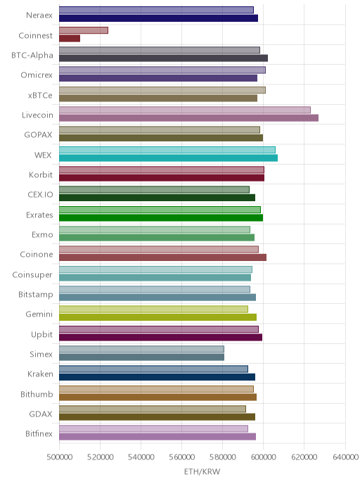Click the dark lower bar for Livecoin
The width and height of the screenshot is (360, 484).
point(189,118)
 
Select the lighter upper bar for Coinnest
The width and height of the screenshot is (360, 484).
point(84,30)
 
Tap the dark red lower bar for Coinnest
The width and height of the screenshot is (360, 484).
point(70,38)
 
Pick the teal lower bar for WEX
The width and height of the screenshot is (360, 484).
point(169,158)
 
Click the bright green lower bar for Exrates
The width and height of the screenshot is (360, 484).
point(161,218)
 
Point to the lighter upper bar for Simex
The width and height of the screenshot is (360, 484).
point(141,349)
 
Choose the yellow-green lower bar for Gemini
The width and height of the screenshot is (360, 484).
point(158,317)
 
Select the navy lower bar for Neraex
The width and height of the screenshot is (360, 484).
point(159,18)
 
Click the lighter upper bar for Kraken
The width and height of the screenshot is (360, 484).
point(153,369)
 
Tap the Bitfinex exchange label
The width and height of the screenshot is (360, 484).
point(39,433)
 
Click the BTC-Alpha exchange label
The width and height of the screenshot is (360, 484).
point(32,56)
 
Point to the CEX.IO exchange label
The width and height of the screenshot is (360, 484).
point(40,194)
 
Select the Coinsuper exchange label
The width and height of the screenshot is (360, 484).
point(32,275)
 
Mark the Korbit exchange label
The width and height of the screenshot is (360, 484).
point(41,174)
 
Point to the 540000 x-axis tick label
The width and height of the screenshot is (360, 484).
point(141,457)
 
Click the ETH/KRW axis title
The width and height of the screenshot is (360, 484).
point(202,471)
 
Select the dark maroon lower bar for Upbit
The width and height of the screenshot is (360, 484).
point(161,338)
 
